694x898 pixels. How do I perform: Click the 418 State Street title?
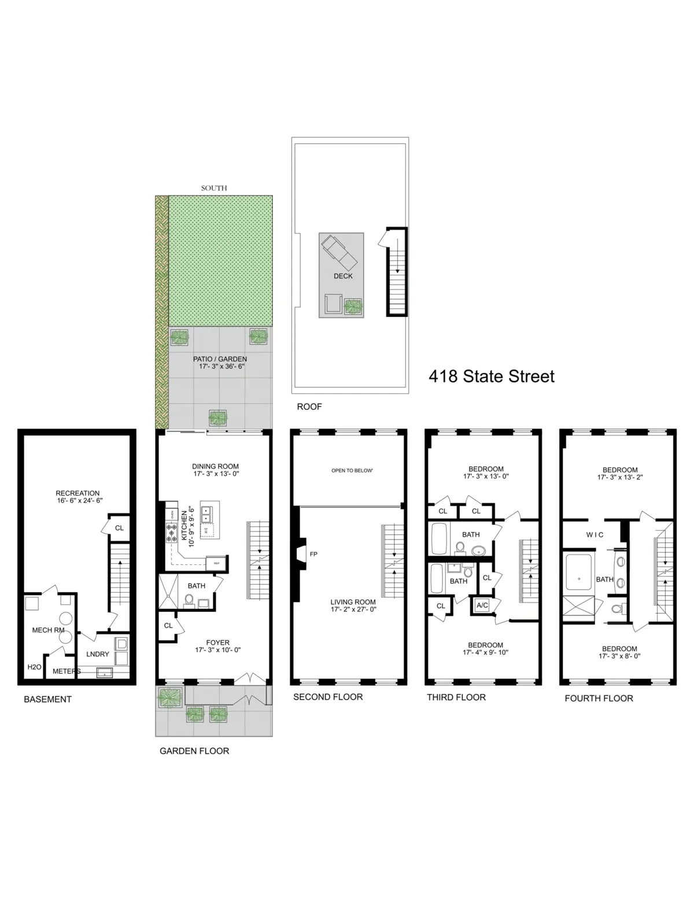tap(491, 376)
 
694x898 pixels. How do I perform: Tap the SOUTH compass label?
tap(214, 188)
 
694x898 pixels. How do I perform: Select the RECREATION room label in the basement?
tap(77, 493)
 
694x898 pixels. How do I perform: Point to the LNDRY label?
tap(98, 654)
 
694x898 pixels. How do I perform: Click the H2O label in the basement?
tap(34, 667)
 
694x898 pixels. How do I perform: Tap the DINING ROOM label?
tap(215, 466)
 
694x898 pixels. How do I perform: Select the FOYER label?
tap(217, 642)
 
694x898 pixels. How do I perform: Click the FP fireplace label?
tap(313, 554)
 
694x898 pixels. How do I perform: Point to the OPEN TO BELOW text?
tap(352, 471)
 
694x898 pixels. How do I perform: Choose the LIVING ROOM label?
tap(353, 602)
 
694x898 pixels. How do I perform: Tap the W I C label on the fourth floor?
tap(595, 535)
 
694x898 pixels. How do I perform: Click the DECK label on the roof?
tap(343, 276)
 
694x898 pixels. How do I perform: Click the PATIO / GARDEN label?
tap(220, 359)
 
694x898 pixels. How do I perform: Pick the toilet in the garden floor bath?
tap(189, 601)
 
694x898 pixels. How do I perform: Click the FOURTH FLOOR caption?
tap(599, 699)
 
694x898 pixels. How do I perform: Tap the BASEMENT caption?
tap(47, 699)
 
